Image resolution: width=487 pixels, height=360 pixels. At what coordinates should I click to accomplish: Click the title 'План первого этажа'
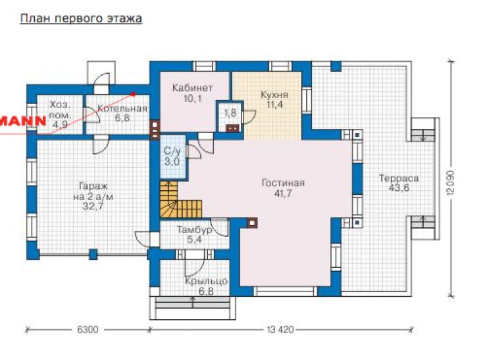81,18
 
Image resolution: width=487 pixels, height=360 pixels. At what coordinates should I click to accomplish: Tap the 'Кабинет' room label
192,88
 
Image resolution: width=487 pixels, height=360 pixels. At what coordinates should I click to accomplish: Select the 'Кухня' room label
274,94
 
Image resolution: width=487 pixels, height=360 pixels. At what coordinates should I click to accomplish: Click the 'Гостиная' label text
283,183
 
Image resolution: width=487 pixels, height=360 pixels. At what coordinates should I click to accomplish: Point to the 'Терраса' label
399,178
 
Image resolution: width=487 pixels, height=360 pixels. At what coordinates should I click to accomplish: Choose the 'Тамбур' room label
195,230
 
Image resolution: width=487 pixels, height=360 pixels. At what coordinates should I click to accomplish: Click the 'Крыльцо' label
206,282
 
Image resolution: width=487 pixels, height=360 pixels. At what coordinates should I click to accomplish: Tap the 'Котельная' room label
122,109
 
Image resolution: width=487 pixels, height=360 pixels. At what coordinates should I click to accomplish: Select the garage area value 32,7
93,206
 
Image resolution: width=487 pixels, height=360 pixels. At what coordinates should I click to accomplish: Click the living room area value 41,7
283,193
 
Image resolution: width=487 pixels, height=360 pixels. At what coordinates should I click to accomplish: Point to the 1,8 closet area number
230,113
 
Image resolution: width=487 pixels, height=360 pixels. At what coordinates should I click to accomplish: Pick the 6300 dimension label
88,329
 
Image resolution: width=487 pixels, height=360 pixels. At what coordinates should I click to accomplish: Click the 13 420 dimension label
280,329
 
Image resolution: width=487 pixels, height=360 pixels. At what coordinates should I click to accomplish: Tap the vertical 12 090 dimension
451,183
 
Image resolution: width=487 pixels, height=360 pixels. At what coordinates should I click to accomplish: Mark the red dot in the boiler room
133,93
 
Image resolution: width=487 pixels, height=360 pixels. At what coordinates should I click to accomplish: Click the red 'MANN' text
23,120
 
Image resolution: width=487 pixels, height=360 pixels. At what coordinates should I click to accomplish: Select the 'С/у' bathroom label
172,151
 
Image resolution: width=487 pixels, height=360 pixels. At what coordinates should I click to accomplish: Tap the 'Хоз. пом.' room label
61,110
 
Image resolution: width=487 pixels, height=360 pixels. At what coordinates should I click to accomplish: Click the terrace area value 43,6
399,188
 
